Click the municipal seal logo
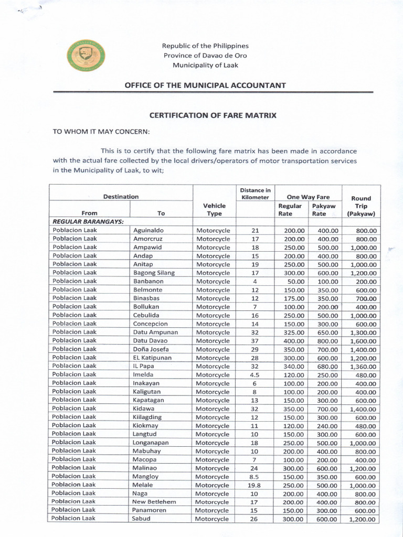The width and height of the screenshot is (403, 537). point(86,56)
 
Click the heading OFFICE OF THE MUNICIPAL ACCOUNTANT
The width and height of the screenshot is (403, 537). point(205,85)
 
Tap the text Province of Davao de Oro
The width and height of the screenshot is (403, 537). point(205,56)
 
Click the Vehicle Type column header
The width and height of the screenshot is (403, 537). point(214,210)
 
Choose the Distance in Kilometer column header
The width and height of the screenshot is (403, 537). point(255,194)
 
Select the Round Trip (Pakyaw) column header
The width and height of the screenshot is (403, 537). point(361,206)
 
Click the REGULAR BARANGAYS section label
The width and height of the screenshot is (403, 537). point(88,222)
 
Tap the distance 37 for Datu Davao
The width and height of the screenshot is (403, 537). point(256,341)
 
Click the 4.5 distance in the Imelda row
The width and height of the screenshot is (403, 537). point(256,375)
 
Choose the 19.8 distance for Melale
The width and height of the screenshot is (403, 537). point(256,485)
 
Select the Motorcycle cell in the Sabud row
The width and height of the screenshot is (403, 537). point(213,519)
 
